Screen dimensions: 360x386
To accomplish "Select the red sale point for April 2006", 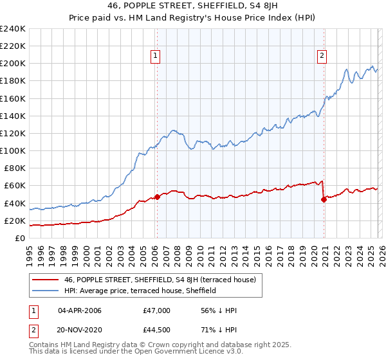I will [x=157, y=197].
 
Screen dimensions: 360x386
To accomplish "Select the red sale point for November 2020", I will [x=324, y=199].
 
